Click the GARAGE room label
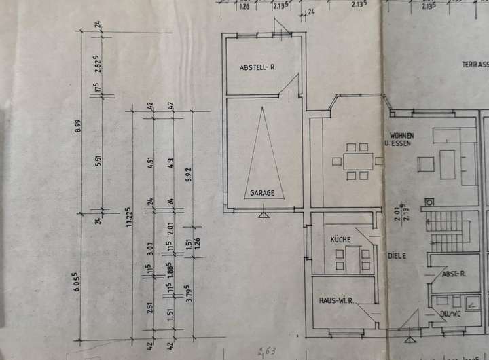point(261,193)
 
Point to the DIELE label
point(397,256)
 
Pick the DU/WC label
point(449,314)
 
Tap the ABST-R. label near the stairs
point(452,274)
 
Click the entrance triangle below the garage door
point(263,215)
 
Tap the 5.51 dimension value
point(98,161)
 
